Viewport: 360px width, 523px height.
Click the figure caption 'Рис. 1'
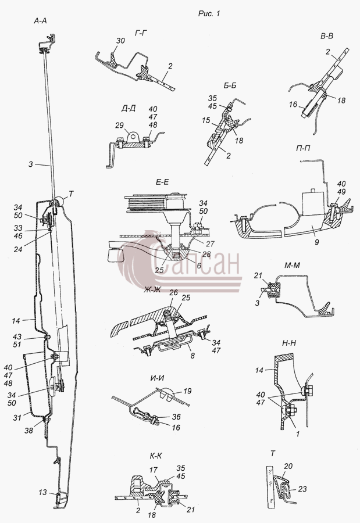pyautogui.click(x=209, y=14)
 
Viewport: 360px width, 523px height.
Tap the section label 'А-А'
pyautogui.click(x=40, y=22)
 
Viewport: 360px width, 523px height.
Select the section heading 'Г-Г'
pyautogui.click(x=141, y=33)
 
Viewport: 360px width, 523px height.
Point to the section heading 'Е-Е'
pyautogui.click(x=162, y=182)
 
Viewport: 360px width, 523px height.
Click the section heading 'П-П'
pyautogui.click(x=302, y=148)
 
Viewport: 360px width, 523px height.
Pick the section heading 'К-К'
pyautogui.click(x=156, y=456)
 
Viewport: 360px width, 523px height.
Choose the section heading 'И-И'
pyautogui.click(x=157, y=378)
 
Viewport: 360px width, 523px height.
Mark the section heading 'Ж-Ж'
pyautogui.click(x=152, y=289)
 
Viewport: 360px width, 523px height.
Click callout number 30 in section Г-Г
pyautogui.click(x=120, y=41)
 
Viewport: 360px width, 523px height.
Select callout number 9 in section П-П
pyautogui.click(x=316, y=242)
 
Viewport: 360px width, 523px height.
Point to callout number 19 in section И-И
pyautogui.click(x=187, y=391)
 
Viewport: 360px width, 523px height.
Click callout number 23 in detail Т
pyautogui.click(x=302, y=489)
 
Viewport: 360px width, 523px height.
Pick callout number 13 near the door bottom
pyautogui.click(x=42, y=492)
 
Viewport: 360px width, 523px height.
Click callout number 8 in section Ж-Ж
pyautogui.click(x=192, y=356)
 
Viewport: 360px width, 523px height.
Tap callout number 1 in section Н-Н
pyautogui.click(x=298, y=434)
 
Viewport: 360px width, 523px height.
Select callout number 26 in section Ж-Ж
pyautogui.click(x=173, y=293)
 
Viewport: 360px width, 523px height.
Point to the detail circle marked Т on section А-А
pyautogui.click(x=60, y=200)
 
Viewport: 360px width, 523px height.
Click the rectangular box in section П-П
pyautogui.click(x=312, y=203)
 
